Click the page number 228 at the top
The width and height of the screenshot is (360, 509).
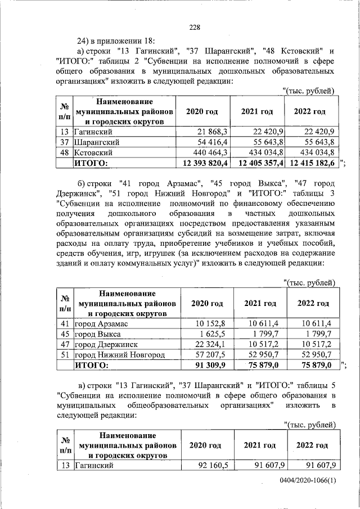coord(195,27)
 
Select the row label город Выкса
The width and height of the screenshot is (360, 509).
coord(98,334)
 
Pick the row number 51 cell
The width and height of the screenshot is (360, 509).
coord(65,355)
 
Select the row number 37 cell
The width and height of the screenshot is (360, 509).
coord(65,142)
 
